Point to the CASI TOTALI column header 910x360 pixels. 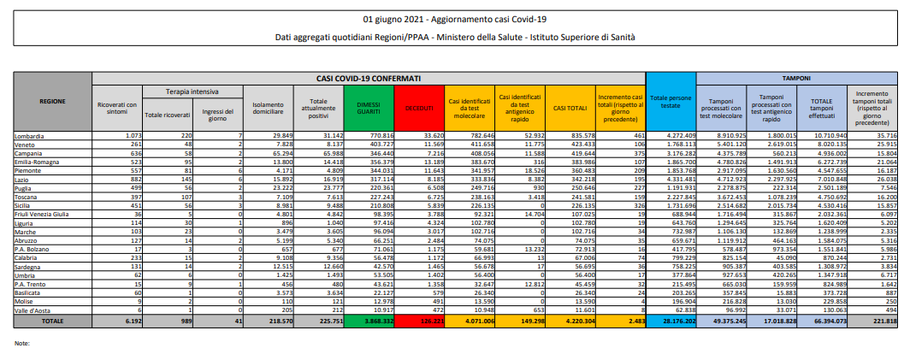[570, 107]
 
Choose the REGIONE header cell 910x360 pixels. [52, 101]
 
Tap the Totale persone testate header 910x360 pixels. [672, 101]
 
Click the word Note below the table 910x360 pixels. [22, 342]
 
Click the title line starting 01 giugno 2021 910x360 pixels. [454, 18]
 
